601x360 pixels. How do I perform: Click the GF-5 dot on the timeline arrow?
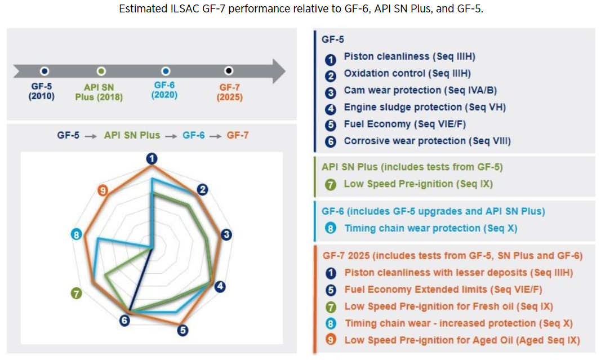[x=44, y=71]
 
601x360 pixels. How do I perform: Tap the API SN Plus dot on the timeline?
[x=101, y=71]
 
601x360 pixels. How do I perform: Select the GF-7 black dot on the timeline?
[x=229, y=70]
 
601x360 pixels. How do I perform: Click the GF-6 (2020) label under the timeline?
[x=164, y=90]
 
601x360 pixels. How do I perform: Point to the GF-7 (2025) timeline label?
[x=230, y=92]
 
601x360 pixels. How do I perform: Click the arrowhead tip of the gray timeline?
[x=286, y=71]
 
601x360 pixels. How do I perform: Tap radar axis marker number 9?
[x=103, y=190]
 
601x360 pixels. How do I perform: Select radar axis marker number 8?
[x=77, y=234]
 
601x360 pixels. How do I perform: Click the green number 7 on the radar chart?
[x=76, y=294]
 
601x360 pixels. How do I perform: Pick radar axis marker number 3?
[x=226, y=234]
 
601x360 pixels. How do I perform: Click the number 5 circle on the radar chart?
[x=183, y=330]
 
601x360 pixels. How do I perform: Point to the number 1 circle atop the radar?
[x=152, y=158]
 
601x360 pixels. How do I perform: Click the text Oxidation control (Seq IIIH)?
[x=407, y=73]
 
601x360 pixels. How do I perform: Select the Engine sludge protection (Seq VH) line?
[x=425, y=107]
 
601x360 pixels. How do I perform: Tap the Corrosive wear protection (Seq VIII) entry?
[x=428, y=141]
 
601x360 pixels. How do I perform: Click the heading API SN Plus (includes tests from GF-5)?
[x=412, y=167]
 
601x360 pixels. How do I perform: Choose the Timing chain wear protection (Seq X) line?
[x=431, y=228]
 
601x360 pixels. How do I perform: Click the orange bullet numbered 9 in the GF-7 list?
[x=331, y=340]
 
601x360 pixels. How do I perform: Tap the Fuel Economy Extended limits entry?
[x=443, y=290]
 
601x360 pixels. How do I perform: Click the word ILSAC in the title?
[x=185, y=9]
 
